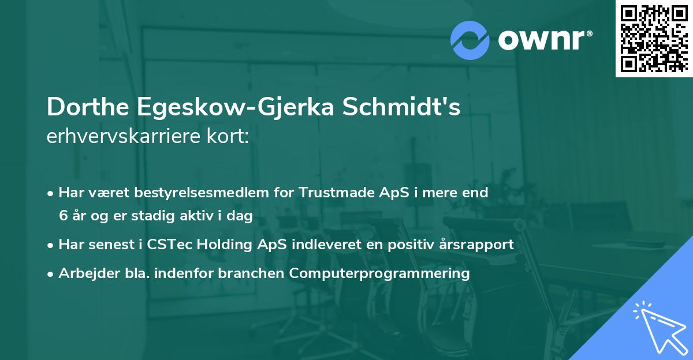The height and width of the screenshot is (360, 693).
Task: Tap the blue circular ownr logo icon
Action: click(470, 40)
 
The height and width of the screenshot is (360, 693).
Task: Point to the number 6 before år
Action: click(62, 216)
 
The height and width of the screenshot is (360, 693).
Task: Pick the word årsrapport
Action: click(476, 245)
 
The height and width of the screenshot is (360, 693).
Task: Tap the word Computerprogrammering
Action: click(379, 273)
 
